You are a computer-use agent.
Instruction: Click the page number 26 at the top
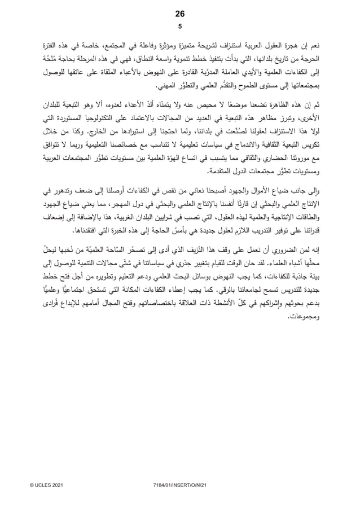coord(180,14)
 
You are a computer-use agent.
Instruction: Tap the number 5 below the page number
coord(180,26)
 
